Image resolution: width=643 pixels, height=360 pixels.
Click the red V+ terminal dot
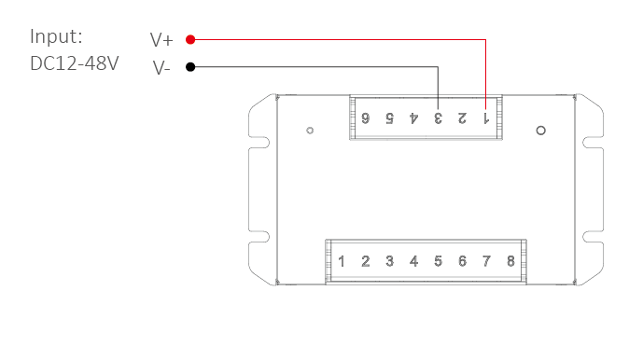[x=190, y=39]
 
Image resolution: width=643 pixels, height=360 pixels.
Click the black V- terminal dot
[x=190, y=67]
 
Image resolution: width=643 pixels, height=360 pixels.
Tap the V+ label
[x=161, y=40]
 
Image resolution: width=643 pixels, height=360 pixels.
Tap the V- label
[x=161, y=68]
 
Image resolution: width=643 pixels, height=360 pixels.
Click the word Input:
[x=56, y=36]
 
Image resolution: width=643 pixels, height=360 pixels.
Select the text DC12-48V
[x=75, y=63]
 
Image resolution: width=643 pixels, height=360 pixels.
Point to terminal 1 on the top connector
[x=486, y=118]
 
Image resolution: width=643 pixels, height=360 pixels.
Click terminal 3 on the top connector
[x=438, y=118]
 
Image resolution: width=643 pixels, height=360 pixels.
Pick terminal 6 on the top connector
[x=366, y=118]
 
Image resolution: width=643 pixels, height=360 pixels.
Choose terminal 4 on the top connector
[x=413, y=118]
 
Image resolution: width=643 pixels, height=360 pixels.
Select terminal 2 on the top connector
[x=462, y=118]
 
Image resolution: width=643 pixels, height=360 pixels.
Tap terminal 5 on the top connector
[x=389, y=118]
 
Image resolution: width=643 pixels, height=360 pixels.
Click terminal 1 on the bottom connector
[x=342, y=261]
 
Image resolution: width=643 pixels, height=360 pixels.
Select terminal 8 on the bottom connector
[x=510, y=261]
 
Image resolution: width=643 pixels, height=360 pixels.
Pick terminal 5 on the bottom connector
[x=438, y=261]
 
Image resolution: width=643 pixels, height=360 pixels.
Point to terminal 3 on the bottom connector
[x=389, y=261]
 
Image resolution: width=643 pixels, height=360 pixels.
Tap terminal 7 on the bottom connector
[x=486, y=261]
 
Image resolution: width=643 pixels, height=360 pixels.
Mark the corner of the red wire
[x=486, y=40]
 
